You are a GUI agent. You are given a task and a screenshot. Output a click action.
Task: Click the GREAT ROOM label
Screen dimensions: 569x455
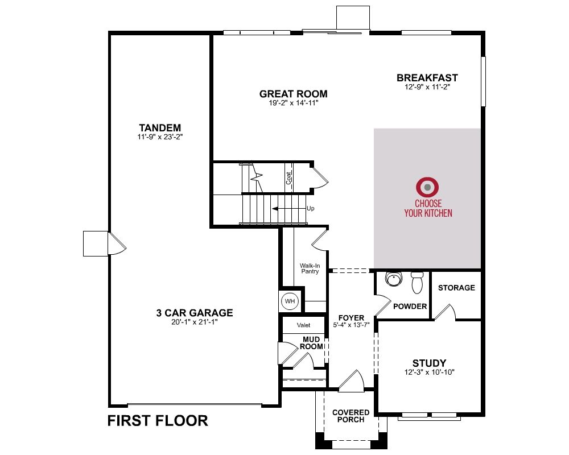tap(293, 94)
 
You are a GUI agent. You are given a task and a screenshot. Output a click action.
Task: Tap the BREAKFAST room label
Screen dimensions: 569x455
tap(427, 78)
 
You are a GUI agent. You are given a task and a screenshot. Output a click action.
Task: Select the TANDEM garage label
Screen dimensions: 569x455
tap(160, 128)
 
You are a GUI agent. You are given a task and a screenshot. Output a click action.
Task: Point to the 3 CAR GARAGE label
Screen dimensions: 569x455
tap(195, 313)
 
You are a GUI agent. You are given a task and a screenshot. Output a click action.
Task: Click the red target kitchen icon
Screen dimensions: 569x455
tap(427, 187)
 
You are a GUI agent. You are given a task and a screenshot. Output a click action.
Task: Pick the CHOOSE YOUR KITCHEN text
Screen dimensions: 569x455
tap(428, 208)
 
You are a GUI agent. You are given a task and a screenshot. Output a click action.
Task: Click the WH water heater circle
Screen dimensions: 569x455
tap(290, 301)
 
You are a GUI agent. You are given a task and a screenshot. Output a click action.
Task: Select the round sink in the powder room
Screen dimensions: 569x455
tap(394, 279)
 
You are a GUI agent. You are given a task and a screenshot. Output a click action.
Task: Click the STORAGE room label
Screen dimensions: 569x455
tap(456, 288)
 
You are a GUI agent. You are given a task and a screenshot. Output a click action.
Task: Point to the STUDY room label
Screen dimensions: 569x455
tap(429, 363)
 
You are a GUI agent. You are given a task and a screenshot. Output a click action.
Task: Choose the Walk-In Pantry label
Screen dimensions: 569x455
tap(310, 268)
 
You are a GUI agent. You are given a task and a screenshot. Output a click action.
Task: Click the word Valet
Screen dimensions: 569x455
tap(303, 325)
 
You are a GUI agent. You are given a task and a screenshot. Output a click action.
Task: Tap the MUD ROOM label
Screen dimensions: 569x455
tap(311, 343)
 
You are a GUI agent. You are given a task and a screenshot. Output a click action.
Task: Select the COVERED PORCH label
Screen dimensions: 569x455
tap(351, 416)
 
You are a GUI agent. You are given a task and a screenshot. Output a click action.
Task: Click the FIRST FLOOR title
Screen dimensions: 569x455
tap(158, 421)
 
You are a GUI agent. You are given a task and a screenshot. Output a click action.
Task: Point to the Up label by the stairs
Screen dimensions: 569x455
tap(311, 208)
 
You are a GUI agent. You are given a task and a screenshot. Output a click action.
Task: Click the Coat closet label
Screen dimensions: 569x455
tap(288, 178)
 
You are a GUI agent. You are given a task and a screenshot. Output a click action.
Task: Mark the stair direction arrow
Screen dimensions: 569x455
tap(289, 209)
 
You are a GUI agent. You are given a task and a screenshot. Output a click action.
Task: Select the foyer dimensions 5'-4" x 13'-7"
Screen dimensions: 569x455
tap(351, 325)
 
